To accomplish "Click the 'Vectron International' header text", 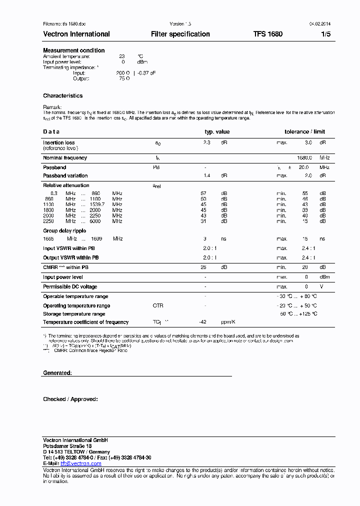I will coord(76,34).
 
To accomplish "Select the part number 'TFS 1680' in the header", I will coord(267,34).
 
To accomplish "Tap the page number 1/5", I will coord(325,34).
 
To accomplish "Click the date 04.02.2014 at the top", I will coord(320,24).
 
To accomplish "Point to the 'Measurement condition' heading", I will coord(74,50).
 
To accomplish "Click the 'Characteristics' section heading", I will coord(63,95).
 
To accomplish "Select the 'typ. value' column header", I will coord(217,132).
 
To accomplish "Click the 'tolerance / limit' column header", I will coord(304,132).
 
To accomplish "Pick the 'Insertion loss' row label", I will coord(58,142).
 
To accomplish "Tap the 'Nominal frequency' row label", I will coord(65,158).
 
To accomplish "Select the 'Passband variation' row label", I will coord(65,176).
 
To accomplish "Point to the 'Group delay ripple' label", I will coord(64,231).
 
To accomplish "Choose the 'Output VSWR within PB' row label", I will coord(71,258).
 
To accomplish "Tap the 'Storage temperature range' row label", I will coord(74,314).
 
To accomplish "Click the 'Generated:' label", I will coord(57,373).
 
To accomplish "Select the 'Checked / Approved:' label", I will coord(70,399).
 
